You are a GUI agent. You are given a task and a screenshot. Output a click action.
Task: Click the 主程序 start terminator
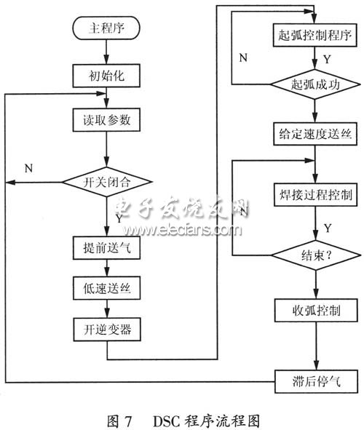coord(106,30)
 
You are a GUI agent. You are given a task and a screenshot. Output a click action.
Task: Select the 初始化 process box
coord(106,74)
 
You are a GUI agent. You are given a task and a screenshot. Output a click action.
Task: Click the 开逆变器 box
coord(106,330)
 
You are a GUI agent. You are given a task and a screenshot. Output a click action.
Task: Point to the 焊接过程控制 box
coord(314,196)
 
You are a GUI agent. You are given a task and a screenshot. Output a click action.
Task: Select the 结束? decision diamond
coord(314,255)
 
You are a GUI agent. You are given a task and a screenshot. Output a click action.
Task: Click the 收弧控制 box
coord(314,311)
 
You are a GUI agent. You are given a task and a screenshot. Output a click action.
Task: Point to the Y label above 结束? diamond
coord(328,228)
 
